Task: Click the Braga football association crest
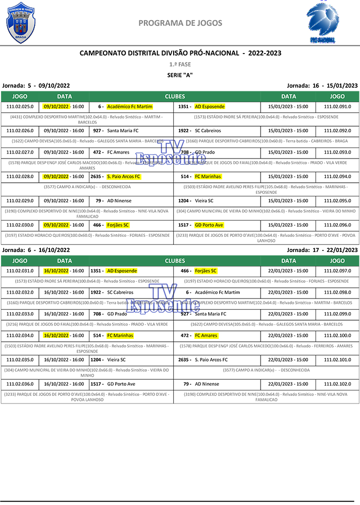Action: point(21,22)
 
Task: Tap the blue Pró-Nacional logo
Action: point(323,22)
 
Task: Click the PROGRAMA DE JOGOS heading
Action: point(180,23)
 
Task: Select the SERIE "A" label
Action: point(180,75)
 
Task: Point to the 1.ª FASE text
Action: point(180,65)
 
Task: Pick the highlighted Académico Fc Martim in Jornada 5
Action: point(130,107)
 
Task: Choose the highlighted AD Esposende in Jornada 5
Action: point(210,107)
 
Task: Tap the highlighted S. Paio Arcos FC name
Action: point(124,176)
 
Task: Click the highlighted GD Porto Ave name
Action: point(209,225)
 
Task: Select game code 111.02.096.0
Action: point(337,225)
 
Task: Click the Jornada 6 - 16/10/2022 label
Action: point(36,250)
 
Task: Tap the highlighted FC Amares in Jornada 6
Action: point(206,335)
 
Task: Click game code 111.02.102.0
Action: point(337,384)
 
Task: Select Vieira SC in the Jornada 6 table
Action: point(116,360)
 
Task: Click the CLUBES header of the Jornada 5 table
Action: point(175,96)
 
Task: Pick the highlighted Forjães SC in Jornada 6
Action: point(205,271)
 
